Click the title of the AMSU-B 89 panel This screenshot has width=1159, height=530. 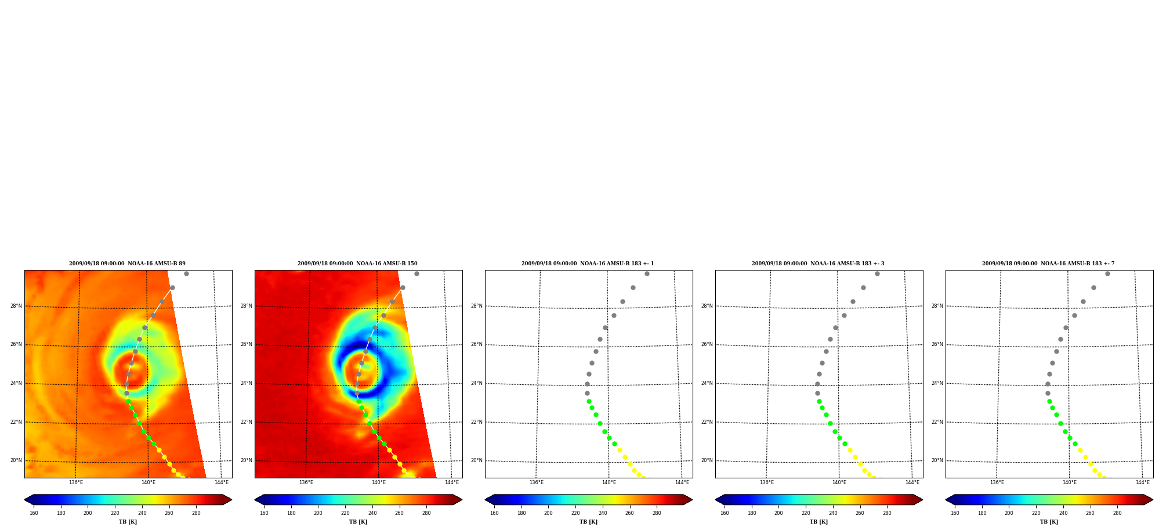click(x=127, y=264)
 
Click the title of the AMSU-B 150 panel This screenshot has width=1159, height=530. click(x=357, y=264)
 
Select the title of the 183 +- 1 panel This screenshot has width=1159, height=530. click(x=588, y=264)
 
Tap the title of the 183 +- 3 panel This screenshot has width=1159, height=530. click(x=818, y=264)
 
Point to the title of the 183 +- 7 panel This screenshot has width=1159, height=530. click(x=1048, y=264)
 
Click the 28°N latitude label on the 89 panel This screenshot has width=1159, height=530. click(x=16, y=306)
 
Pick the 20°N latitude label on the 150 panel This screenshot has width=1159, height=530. click(x=247, y=460)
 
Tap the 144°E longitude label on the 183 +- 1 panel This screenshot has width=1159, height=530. click(x=682, y=482)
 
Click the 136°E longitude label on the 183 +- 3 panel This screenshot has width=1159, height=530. click(x=767, y=482)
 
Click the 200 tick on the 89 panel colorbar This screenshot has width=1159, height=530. click(x=88, y=513)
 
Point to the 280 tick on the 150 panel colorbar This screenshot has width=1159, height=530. click(x=426, y=513)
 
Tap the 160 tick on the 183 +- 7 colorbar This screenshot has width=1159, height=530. click(x=955, y=513)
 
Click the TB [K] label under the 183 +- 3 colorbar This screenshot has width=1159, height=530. click(x=818, y=522)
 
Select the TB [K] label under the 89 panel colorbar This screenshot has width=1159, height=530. click(x=128, y=522)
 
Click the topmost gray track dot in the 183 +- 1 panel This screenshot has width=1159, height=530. click(x=647, y=273)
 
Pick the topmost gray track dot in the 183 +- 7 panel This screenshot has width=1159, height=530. click(x=1107, y=273)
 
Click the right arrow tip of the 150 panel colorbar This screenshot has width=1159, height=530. click(x=462, y=500)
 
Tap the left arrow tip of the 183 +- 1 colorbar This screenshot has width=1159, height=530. click(x=486, y=500)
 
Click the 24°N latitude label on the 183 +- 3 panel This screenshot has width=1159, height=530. click(x=707, y=383)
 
